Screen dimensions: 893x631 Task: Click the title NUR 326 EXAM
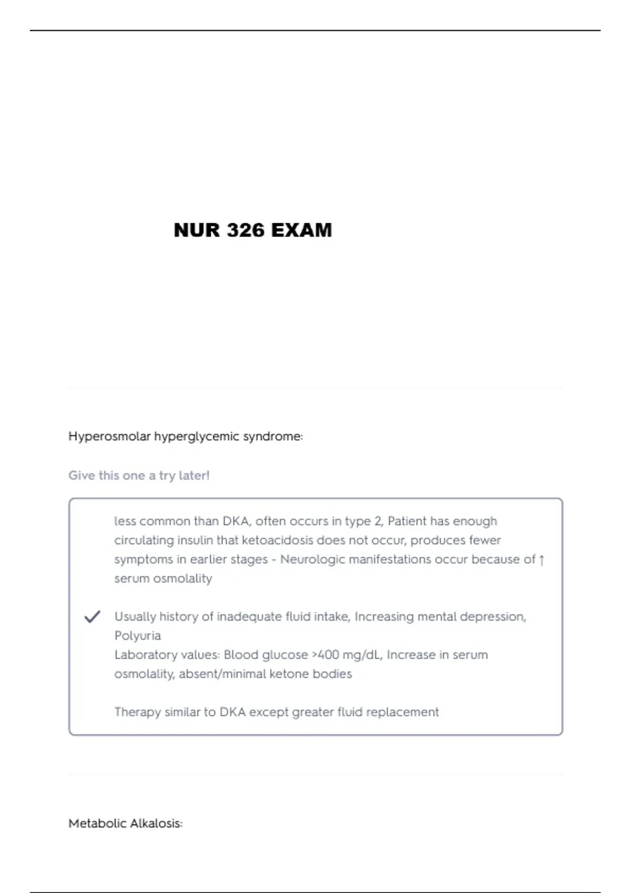pyautogui.click(x=252, y=230)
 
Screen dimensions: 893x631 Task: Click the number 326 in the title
pyautogui.click(x=246, y=230)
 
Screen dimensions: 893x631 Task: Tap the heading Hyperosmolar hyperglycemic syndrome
pyautogui.click(x=185, y=437)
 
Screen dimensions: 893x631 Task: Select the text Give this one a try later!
pyautogui.click(x=139, y=475)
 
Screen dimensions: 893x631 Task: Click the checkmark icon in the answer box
pyautogui.click(x=92, y=617)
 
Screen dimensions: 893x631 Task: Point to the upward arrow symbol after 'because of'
pyautogui.click(x=542, y=560)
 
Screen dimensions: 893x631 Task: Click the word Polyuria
pyautogui.click(x=138, y=636)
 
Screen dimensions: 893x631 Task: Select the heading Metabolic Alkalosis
pyautogui.click(x=125, y=823)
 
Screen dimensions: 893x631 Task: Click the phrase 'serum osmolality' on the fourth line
pyautogui.click(x=163, y=578)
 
